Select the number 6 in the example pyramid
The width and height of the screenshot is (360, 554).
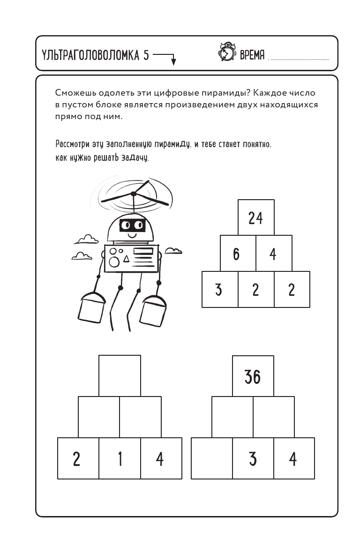tap(236, 254)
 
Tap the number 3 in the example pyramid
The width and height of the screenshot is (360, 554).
tap(218, 290)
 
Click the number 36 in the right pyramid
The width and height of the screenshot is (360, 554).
tap(253, 376)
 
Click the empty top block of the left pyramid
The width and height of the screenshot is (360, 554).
tap(120, 376)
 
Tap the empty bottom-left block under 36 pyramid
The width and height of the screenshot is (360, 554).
tap(212, 458)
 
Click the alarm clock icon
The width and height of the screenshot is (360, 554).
tap(227, 53)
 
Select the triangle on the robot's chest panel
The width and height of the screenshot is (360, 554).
tap(126, 258)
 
